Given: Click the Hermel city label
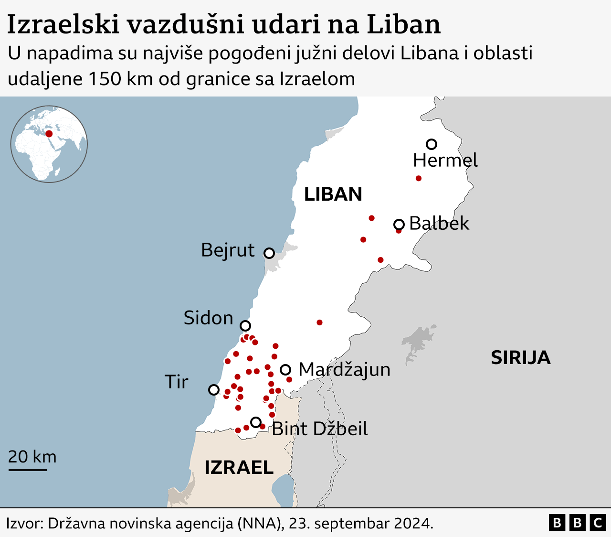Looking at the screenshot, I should [445, 161].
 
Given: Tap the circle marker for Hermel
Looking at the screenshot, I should [432, 144].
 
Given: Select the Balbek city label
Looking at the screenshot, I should [439, 224].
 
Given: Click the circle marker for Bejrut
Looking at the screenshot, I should [269, 253].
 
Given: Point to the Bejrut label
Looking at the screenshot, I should [228, 250].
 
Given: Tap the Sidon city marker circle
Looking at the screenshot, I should [245, 326].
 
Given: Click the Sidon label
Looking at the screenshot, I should [208, 318].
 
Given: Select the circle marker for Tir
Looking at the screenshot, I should [214, 390].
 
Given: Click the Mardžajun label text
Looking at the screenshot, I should [344, 370].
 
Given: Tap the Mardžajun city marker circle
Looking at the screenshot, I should [285, 369].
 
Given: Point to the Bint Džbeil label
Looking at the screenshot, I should [320, 429].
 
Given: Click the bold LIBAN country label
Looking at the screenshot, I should [333, 194].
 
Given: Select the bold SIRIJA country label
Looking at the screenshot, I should [520, 358].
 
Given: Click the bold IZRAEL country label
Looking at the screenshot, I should [239, 468].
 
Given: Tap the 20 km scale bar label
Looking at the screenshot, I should [32, 457].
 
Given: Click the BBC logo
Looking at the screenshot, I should [577, 523].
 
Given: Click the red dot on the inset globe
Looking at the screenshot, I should [49, 134].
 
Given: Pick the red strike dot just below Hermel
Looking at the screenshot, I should [419, 178].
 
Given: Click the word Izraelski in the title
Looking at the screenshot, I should [63, 25].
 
